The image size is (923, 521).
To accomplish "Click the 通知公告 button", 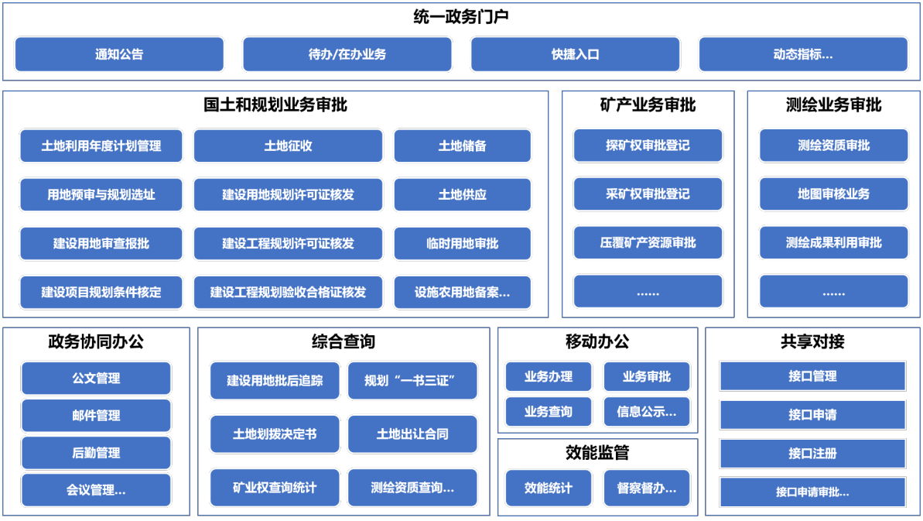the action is pos(119,54).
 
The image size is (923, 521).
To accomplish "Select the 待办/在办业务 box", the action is pos(347,54).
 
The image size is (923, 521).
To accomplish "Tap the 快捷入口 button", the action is pos(575,54).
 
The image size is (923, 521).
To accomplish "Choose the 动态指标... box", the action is pos(803,54).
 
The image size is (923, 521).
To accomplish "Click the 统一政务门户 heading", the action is pos(461,16).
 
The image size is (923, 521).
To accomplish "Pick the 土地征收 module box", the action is pos(288,146).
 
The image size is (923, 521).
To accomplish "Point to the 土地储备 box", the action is pos(462,146).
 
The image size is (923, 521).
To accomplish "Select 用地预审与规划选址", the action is pos(101,194).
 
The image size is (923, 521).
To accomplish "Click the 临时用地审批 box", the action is pos(462,243).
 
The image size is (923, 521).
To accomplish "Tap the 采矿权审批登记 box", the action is pos(648,194).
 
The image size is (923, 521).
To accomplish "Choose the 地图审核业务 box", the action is pos(833,194).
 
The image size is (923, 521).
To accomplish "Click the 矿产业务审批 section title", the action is pos(648,105).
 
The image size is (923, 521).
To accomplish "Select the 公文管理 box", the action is pos(96,378).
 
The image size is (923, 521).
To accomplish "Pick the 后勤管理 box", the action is pos(96,453).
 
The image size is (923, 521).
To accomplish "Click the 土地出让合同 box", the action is pos(412,434).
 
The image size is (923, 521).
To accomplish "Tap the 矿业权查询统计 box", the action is pos(275,488).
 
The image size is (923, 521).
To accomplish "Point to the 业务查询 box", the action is pos(548,412).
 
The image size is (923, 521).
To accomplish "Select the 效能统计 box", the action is pos(548,488).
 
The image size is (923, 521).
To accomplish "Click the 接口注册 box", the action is pos(812,454).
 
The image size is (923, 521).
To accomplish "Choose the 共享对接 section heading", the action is pos(812,341).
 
